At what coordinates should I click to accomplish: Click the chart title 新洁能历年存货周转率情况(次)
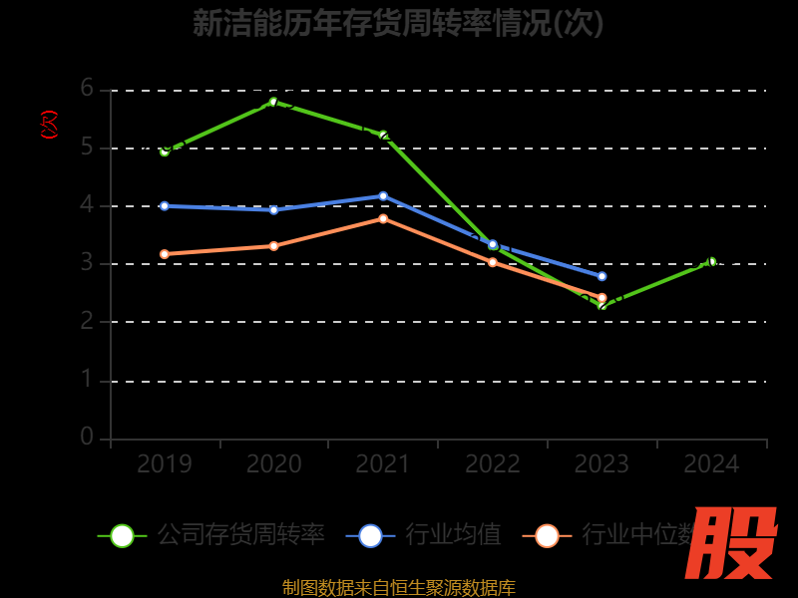point(398,23)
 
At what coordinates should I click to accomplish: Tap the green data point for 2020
point(273,101)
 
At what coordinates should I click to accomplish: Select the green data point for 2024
point(711,261)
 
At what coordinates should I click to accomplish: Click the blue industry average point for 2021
point(383,196)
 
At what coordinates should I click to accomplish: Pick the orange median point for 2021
point(383,218)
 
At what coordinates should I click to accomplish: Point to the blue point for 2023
point(601,276)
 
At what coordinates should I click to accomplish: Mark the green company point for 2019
point(165,151)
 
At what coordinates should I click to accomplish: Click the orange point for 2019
point(165,254)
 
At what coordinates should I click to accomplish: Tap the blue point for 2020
point(273,210)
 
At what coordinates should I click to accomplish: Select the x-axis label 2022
point(493,464)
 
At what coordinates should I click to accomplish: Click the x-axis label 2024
point(711,464)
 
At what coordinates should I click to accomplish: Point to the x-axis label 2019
point(165,464)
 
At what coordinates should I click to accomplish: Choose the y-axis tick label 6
point(87,89)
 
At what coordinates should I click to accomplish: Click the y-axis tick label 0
point(87,437)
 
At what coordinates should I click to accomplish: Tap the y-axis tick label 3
point(87,263)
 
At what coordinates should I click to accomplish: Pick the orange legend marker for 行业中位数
point(547,535)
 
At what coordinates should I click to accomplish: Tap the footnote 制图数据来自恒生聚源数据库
point(398,587)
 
